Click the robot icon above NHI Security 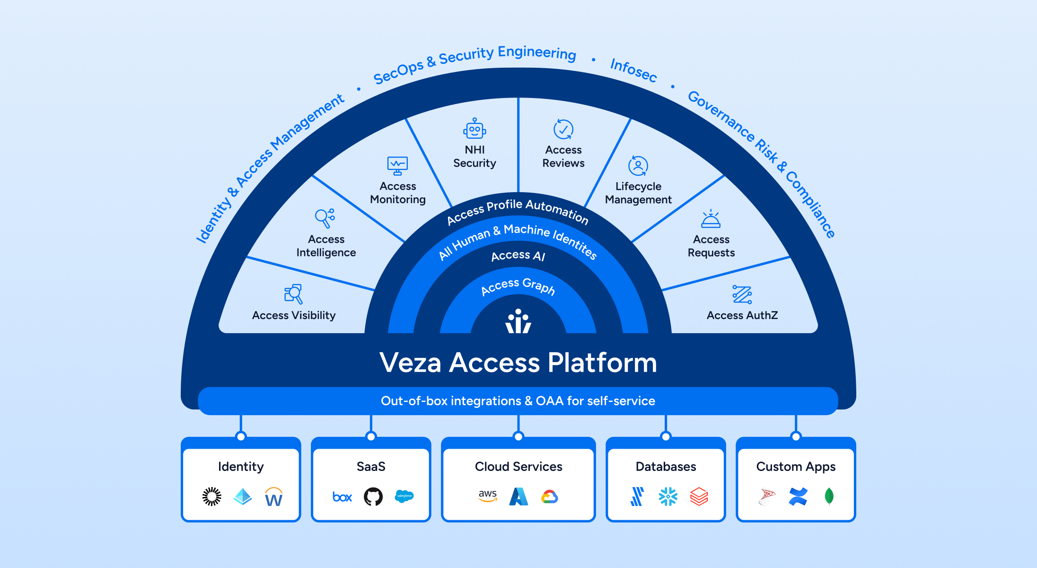(475, 129)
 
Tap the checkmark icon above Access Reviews (563, 129)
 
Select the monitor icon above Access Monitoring (397, 166)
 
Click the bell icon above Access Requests (711, 219)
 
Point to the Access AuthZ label (742, 315)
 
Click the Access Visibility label (294, 315)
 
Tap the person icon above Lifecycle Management (638, 166)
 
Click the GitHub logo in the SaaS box (373, 497)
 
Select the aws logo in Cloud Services (488, 496)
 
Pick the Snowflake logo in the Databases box (668, 497)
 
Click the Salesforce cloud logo (404, 496)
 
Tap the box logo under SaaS (342, 497)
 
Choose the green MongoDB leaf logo (829, 497)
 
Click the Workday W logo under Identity (273, 497)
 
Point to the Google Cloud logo (550, 497)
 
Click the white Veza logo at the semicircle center (518, 322)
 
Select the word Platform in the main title (602, 363)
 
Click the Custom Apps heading (796, 467)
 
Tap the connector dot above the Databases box (666, 436)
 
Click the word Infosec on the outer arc (633, 70)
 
